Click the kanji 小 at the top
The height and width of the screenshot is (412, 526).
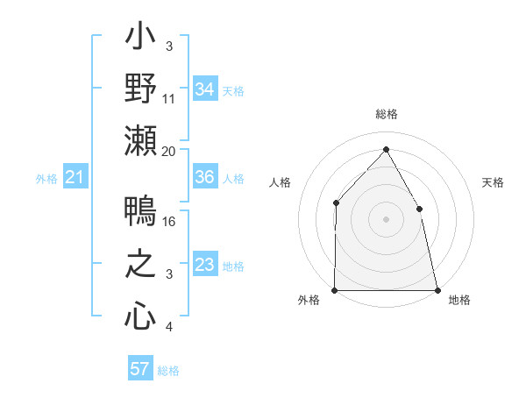click(x=140, y=39)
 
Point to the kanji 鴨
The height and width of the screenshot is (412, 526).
click(x=140, y=213)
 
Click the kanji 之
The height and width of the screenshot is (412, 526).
click(x=140, y=265)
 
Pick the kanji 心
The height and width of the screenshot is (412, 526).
click(x=140, y=316)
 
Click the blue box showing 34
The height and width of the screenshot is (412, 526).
click(x=204, y=89)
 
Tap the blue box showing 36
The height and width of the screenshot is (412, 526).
click(x=204, y=177)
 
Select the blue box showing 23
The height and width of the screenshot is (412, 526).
click(x=204, y=265)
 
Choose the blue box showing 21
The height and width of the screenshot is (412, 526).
click(x=75, y=178)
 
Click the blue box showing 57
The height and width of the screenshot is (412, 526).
click(x=139, y=369)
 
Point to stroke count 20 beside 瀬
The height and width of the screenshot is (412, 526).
click(x=169, y=152)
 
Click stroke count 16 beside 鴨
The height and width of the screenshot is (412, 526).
click(x=169, y=222)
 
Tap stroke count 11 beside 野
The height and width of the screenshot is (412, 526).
click(x=169, y=100)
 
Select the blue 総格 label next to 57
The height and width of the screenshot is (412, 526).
click(x=168, y=371)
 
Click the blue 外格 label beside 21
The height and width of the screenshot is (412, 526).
click(x=46, y=179)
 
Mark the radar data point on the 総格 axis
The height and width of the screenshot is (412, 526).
click(x=386, y=149)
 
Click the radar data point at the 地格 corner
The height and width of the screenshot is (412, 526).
click(x=437, y=290)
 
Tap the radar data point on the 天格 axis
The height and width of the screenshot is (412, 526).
click(x=419, y=209)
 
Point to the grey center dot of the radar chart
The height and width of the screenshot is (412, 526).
click(x=386, y=219)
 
